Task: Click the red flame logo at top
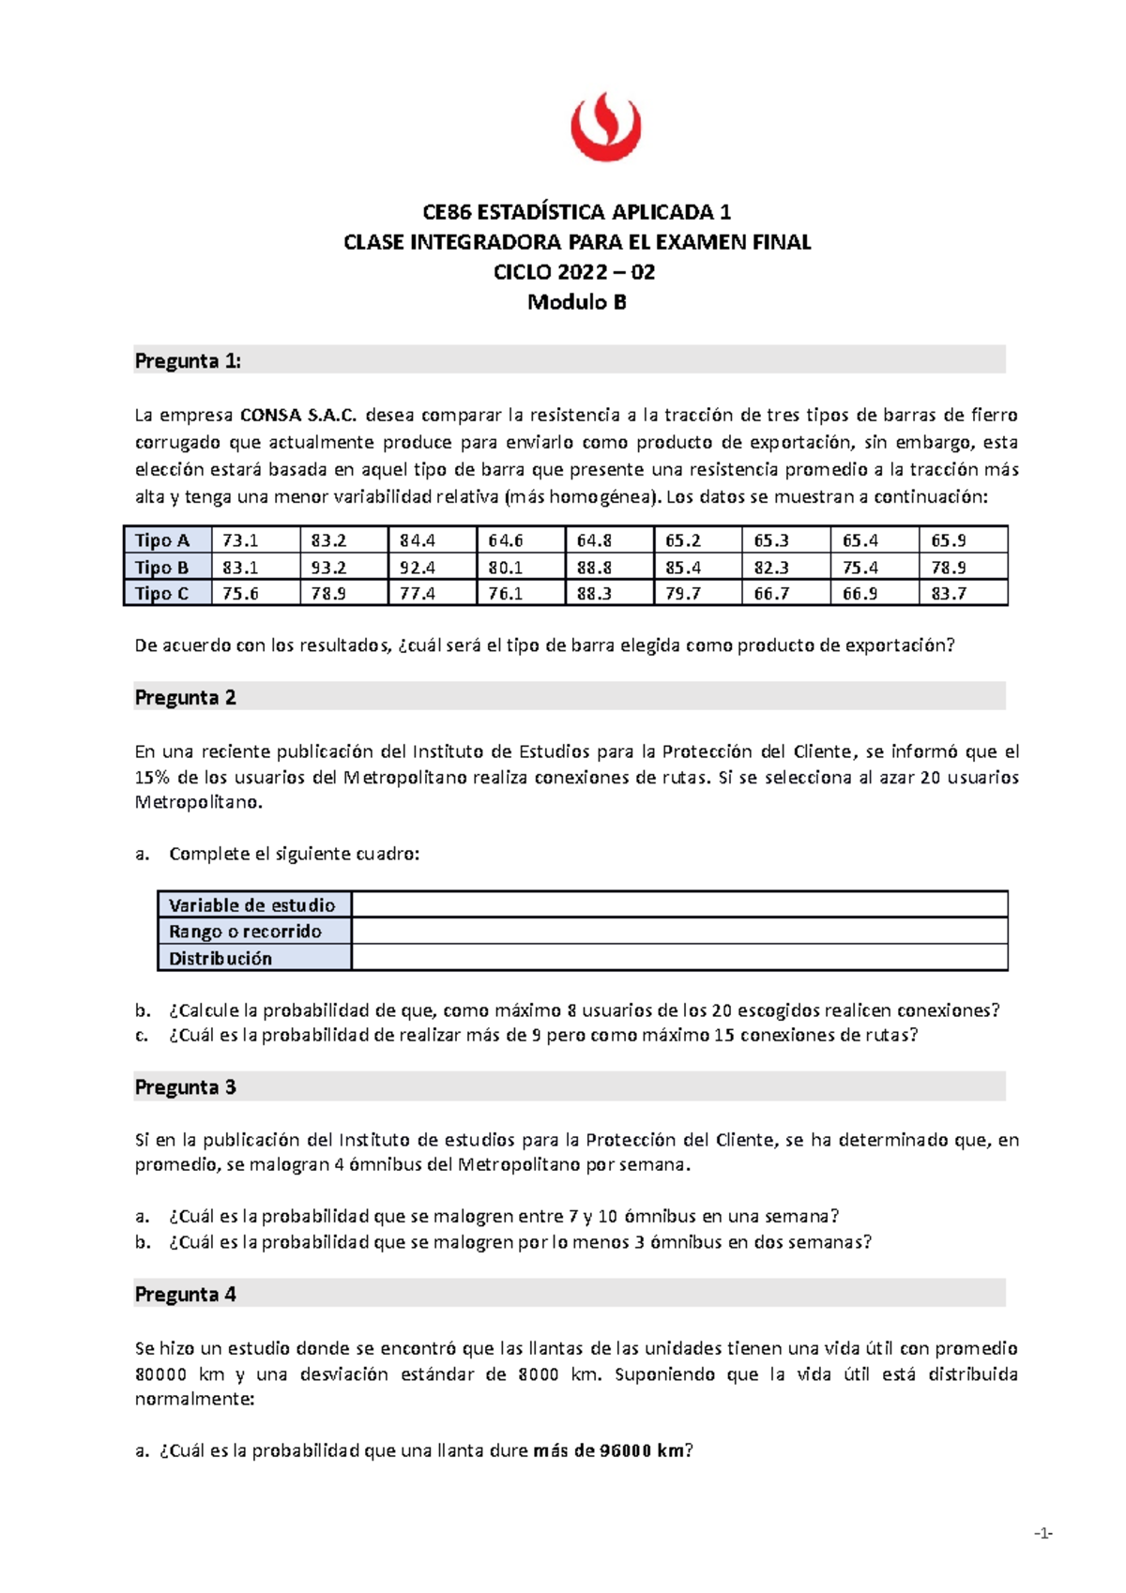click(605, 127)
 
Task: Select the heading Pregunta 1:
click(188, 361)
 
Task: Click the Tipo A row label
click(162, 540)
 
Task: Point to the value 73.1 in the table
click(240, 540)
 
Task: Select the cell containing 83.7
click(949, 594)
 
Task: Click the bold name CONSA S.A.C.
click(298, 415)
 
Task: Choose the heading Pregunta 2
click(185, 697)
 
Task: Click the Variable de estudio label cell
click(252, 905)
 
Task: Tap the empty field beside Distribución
click(679, 958)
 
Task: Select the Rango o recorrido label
click(245, 932)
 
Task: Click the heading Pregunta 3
click(185, 1087)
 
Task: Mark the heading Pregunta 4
click(185, 1295)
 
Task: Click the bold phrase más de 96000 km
click(609, 1451)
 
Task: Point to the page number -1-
click(1042, 1534)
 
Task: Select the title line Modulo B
click(576, 302)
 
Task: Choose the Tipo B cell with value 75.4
click(860, 568)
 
